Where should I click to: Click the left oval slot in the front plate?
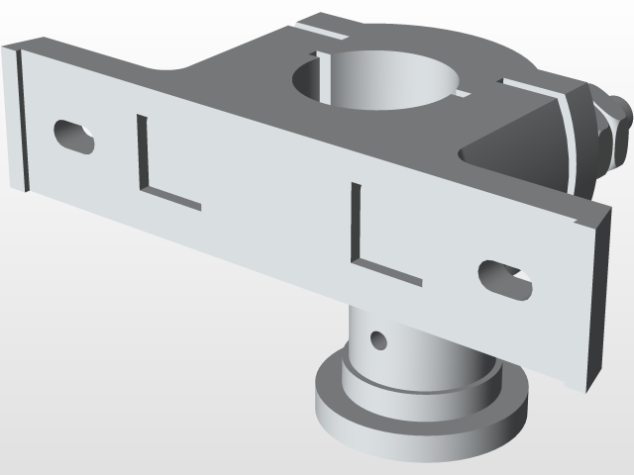[x=73, y=136]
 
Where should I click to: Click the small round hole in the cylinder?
[x=377, y=341]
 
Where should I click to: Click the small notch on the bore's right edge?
[x=462, y=95]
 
